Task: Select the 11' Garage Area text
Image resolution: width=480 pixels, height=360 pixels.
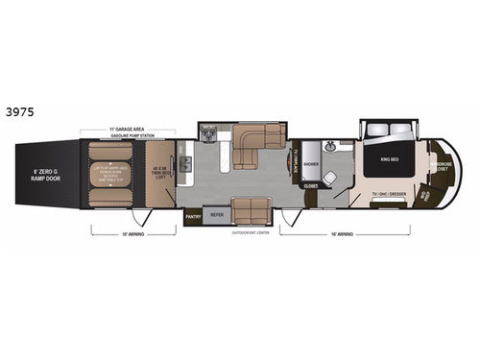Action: (x=128, y=130)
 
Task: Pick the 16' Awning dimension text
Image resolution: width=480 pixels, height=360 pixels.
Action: (x=339, y=233)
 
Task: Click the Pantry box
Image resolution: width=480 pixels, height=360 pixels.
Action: (x=192, y=217)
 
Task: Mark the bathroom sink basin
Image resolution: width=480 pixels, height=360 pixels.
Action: (x=331, y=148)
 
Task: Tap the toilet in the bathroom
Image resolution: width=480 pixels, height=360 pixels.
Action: (x=331, y=179)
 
